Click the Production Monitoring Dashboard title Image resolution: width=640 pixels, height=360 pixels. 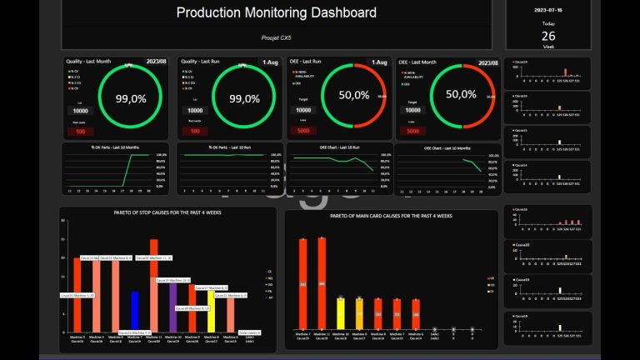coord(277,13)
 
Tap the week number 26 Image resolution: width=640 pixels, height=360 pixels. coord(548,36)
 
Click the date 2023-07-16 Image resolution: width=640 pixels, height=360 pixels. coord(548,10)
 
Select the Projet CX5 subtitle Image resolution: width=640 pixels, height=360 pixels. coord(277,38)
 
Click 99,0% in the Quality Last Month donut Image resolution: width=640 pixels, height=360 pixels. coord(131,98)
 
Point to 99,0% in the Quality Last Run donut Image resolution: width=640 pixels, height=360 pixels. coord(244,98)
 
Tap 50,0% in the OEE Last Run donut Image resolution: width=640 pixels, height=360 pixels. coord(354,95)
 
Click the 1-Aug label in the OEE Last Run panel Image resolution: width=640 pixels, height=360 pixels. coord(377,62)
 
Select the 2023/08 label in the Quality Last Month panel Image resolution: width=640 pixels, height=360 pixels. coord(157,62)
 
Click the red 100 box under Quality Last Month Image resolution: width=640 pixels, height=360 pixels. coord(80,131)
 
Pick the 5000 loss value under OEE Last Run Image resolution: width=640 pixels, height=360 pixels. coord(302,131)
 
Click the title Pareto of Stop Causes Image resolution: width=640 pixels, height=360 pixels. coord(167,213)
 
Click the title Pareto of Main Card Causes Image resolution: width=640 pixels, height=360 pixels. coord(391,215)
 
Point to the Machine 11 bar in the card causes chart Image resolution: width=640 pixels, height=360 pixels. coord(322,283)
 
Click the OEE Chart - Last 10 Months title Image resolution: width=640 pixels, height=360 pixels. coord(447,148)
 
